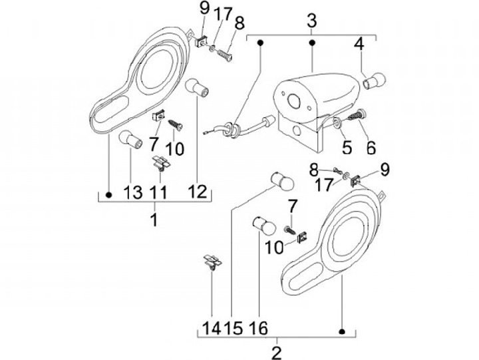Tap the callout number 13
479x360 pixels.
coord(133,194)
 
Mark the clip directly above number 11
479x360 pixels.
coord(160,162)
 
